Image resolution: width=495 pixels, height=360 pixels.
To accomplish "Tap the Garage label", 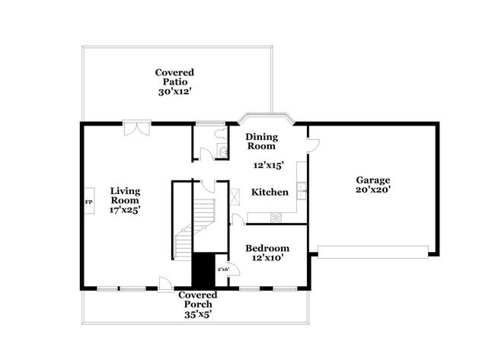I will tap(372, 180).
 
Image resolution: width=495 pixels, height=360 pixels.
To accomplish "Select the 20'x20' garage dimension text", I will tap(372, 190).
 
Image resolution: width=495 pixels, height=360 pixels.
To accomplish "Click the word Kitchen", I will tap(270, 193).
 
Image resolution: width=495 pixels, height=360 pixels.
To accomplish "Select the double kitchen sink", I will tap(302, 191).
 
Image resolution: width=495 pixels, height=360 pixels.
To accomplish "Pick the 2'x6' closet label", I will tap(224, 269).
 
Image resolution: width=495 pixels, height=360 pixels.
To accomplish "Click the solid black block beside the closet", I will tap(203, 270).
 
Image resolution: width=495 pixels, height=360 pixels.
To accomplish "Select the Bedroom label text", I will tap(267, 248).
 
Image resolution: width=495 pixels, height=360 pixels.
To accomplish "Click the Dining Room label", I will tap(261, 141).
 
